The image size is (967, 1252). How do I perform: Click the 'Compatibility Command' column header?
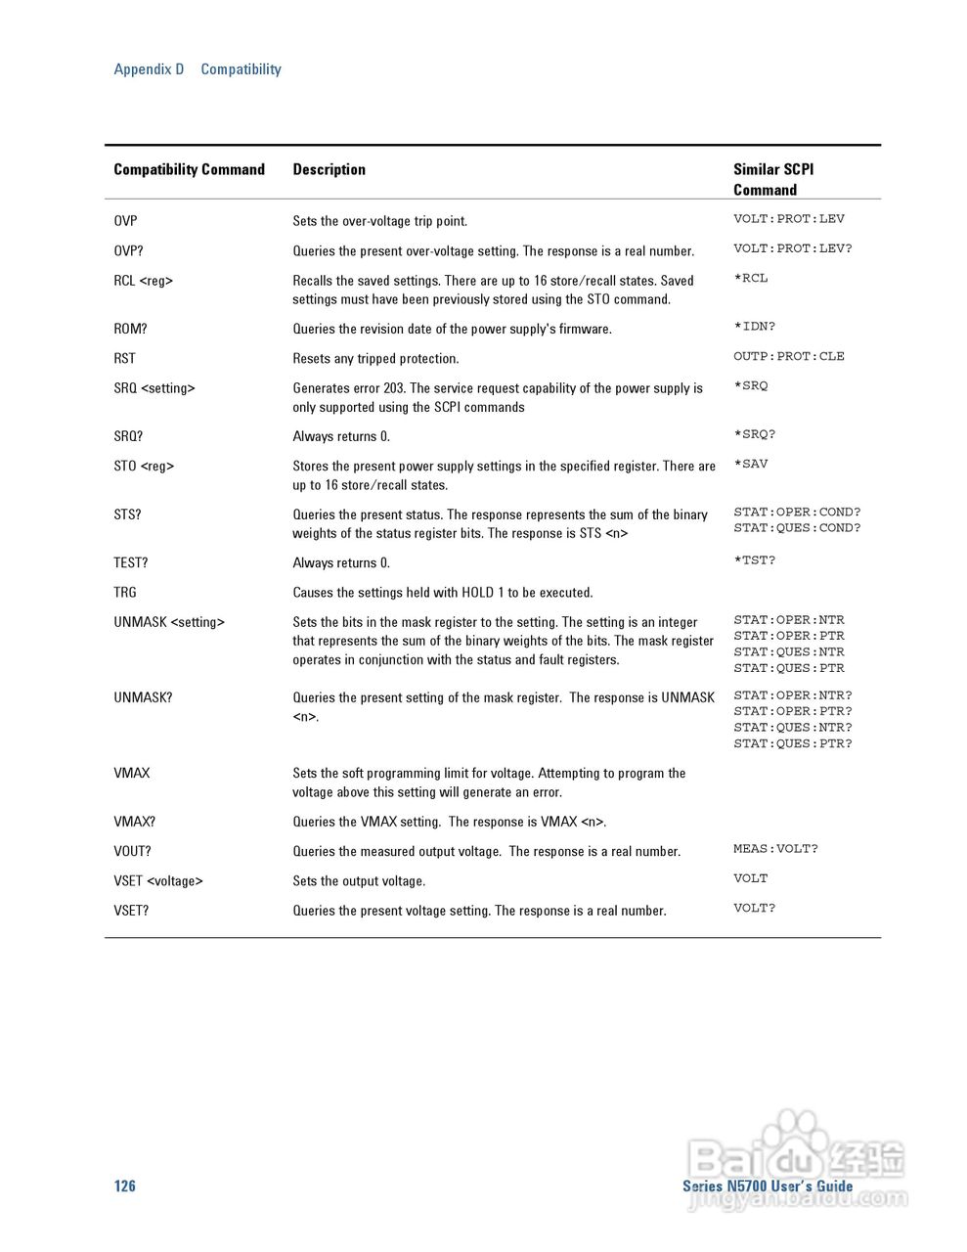click(x=189, y=169)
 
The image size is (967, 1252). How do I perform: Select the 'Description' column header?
click(x=329, y=169)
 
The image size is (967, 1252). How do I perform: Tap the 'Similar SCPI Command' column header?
click(x=772, y=179)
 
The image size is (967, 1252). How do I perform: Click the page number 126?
click(x=124, y=1185)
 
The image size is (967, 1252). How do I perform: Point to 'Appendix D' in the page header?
click(x=149, y=69)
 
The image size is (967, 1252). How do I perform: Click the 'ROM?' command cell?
click(x=130, y=329)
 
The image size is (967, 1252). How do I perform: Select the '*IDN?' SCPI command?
click(x=754, y=327)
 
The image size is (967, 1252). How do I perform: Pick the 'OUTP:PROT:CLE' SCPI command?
click(x=788, y=356)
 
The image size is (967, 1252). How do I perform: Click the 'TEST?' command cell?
click(x=130, y=562)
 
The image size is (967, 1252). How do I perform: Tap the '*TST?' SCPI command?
click(x=754, y=560)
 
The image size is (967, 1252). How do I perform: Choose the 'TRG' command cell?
click(x=125, y=592)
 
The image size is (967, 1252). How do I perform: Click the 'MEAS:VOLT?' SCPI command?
click(x=775, y=849)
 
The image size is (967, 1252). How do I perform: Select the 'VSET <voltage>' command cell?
click(x=158, y=880)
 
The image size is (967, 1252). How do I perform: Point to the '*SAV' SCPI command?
click(x=751, y=464)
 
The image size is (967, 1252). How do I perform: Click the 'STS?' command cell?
click(x=127, y=514)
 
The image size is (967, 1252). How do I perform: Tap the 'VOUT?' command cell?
click(x=132, y=851)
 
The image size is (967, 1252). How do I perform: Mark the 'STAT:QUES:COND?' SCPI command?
click(x=797, y=528)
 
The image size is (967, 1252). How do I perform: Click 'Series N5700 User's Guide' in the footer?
click(x=768, y=1185)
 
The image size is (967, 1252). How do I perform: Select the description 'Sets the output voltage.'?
click(x=359, y=881)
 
